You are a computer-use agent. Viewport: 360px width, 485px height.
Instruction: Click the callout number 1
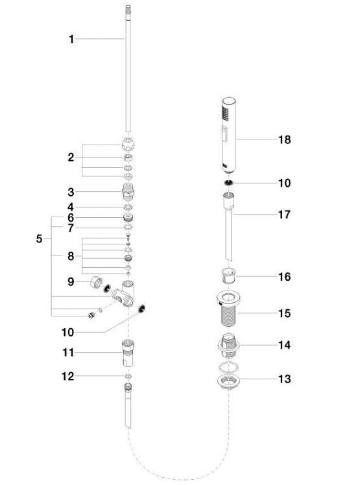click(x=71, y=40)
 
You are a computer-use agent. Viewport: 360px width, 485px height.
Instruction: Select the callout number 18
click(x=285, y=139)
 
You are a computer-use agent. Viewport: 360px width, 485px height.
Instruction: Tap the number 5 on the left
click(x=39, y=239)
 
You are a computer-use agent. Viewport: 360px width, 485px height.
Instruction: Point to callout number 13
click(x=285, y=379)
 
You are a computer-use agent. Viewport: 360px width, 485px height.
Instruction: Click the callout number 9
click(x=71, y=282)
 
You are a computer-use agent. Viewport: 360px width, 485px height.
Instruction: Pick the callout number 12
click(x=68, y=377)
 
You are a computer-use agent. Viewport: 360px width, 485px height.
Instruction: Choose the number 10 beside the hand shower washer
click(x=285, y=183)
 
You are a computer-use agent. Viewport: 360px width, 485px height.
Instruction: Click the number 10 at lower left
click(x=68, y=333)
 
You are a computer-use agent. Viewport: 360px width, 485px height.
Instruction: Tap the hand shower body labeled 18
click(x=229, y=135)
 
